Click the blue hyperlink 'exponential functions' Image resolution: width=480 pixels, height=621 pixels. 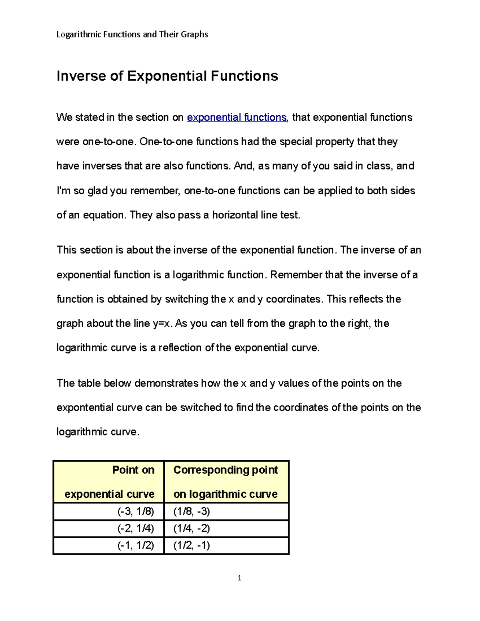(x=236, y=118)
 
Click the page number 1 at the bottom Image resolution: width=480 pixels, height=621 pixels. (x=239, y=578)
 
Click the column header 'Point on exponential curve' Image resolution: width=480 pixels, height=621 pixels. (x=109, y=482)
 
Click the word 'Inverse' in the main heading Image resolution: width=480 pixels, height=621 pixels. (x=82, y=76)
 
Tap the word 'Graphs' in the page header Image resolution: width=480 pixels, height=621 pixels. (x=194, y=34)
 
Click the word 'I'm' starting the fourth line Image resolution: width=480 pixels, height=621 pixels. (x=63, y=191)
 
